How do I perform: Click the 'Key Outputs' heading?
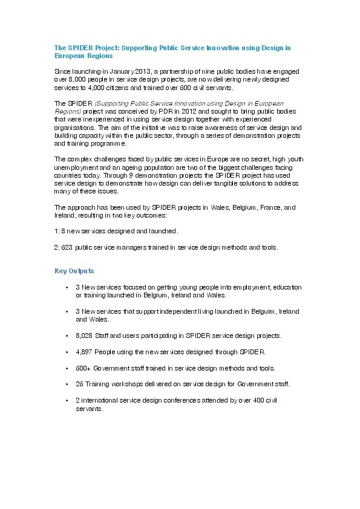pyautogui.click(x=74, y=270)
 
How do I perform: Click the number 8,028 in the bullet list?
pyautogui.click(x=84, y=335)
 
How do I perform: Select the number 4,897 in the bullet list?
pyautogui.click(x=84, y=351)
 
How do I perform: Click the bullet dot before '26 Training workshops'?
pyautogui.click(x=66, y=384)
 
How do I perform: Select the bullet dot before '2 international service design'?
pyautogui.click(x=66, y=400)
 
